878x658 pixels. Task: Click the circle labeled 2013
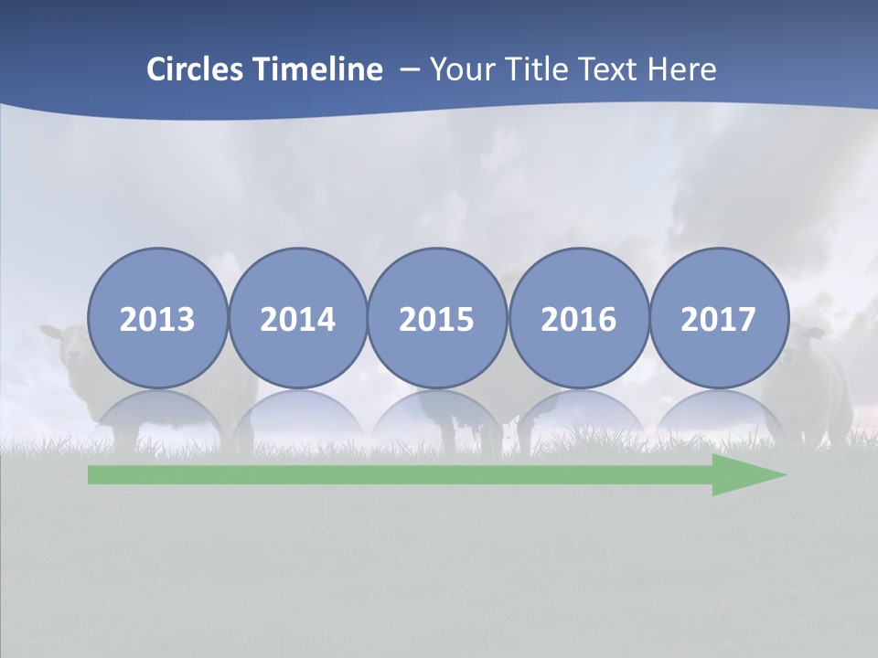click(x=157, y=318)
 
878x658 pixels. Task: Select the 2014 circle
click(x=297, y=318)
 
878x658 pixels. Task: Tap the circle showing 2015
click(x=437, y=318)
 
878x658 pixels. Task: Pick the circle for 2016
click(x=578, y=318)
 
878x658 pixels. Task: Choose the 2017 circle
click(x=718, y=318)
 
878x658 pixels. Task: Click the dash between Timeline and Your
click(x=410, y=69)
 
